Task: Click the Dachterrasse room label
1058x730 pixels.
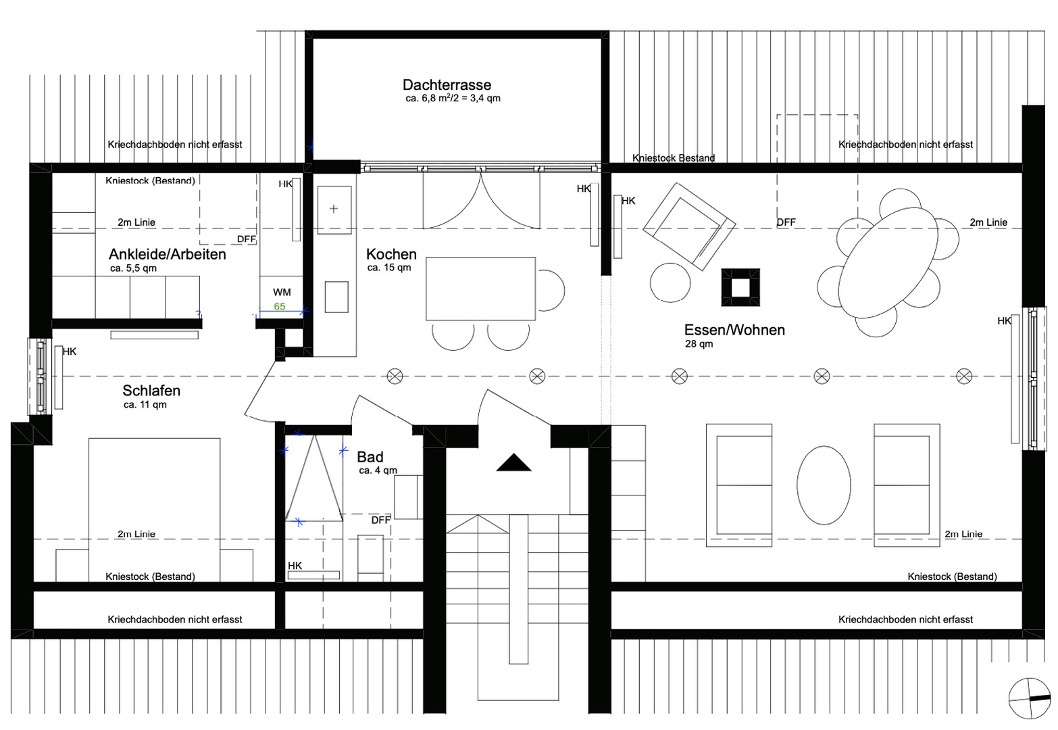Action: [447, 85]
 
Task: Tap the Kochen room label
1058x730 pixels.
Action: [391, 254]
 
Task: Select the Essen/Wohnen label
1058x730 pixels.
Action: [734, 330]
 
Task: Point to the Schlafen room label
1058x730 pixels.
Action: [151, 391]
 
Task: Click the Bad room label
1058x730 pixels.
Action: [370, 457]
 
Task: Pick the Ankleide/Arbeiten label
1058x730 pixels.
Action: [167, 254]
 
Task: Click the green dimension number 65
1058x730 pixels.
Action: [280, 306]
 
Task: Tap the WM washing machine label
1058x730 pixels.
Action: [282, 292]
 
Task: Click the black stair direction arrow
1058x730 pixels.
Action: [513, 463]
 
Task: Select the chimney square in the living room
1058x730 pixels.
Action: [740, 287]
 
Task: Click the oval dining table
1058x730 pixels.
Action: [888, 263]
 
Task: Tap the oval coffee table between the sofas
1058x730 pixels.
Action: [824, 485]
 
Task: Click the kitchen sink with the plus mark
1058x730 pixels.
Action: [334, 209]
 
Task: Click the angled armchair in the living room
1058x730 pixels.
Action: [688, 227]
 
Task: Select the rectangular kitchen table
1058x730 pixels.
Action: [480, 289]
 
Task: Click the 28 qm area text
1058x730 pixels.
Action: [699, 344]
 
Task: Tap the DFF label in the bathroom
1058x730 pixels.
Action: [380, 520]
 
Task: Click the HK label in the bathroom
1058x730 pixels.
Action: [295, 566]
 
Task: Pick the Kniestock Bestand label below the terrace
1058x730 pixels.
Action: [673, 157]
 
